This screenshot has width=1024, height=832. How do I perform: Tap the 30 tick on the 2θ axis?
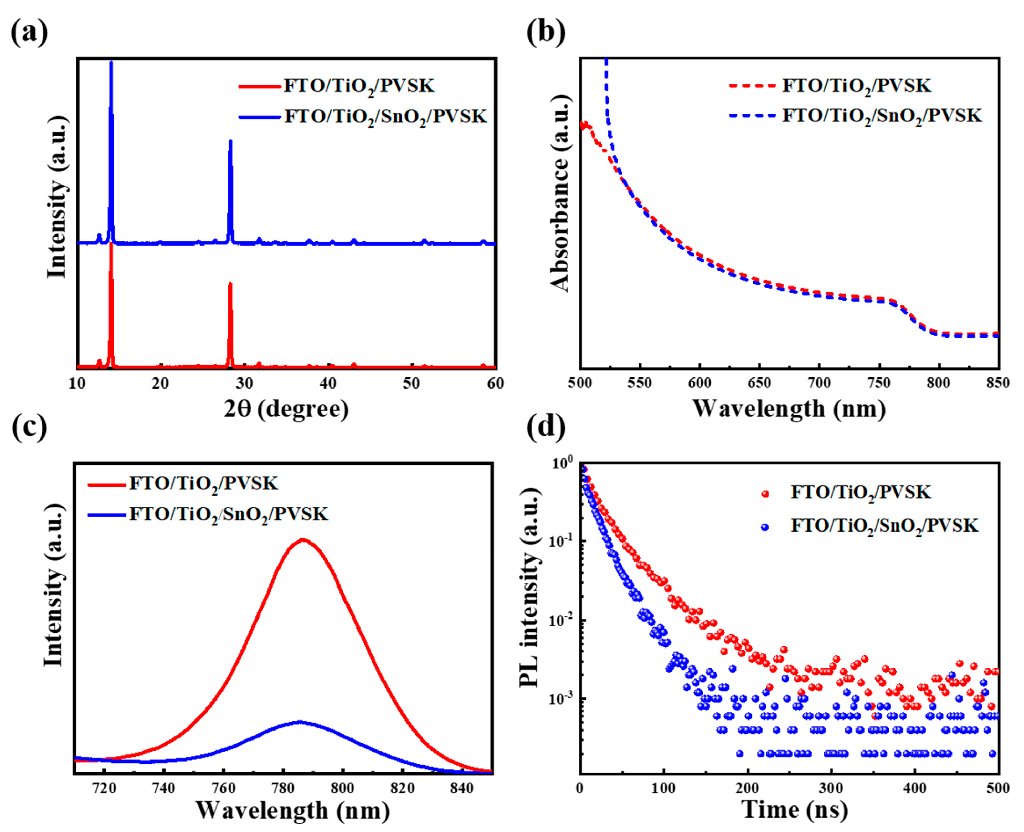point(244,384)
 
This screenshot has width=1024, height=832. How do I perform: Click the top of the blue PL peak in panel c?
point(300,722)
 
